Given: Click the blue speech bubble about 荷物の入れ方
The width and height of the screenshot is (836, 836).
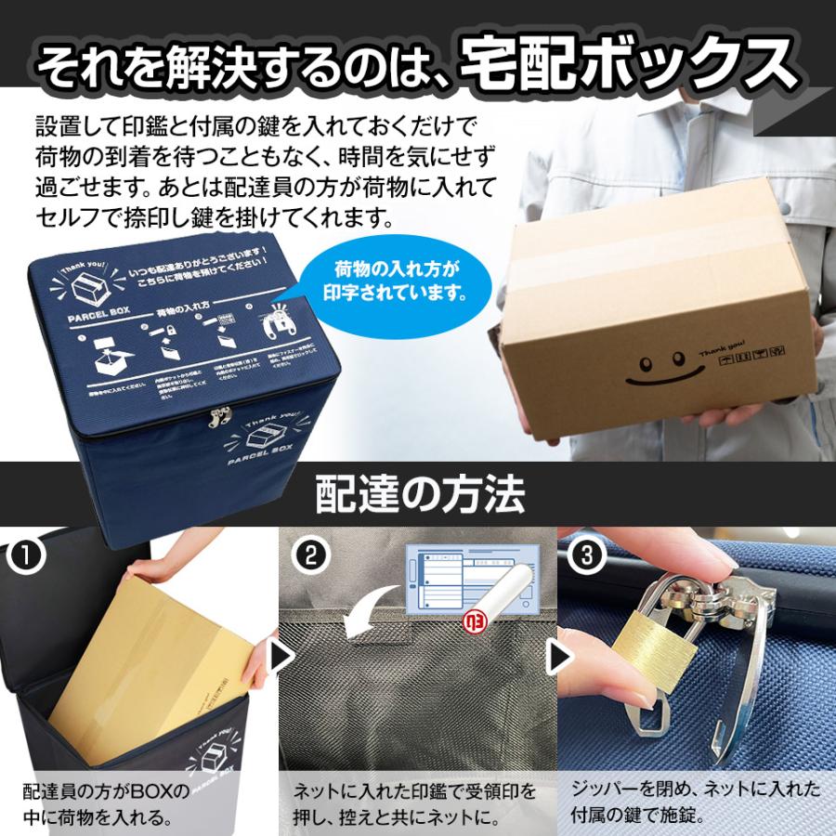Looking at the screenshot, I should pyautogui.click(x=399, y=281).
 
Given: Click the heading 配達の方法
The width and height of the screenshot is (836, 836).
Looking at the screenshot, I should pyautogui.click(x=419, y=494).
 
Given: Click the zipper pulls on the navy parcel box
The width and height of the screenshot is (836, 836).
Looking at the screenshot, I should pyautogui.click(x=219, y=418).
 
